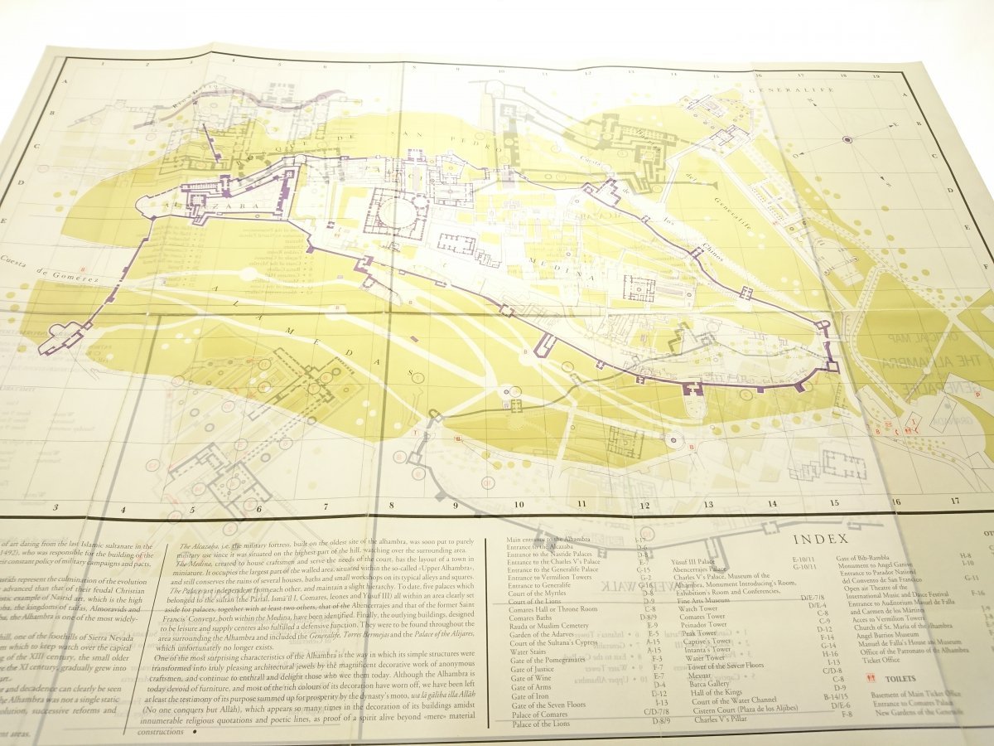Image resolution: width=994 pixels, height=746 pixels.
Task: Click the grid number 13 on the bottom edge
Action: point(708,503)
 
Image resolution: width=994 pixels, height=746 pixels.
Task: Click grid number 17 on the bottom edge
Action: point(954,501)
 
